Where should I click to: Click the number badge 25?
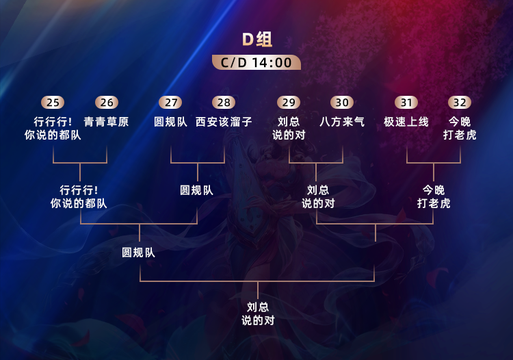coord(53,103)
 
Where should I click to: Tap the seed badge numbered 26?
coord(107,103)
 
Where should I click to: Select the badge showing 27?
coord(170,103)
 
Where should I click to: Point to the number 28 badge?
coord(224,103)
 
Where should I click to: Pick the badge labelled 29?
coord(289,103)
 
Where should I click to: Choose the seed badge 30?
coord(342,103)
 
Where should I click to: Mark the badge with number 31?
coord(406,103)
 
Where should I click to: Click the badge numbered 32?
coord(460,103)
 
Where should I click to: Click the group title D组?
coord(257,39)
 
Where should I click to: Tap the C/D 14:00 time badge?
coord(256,63)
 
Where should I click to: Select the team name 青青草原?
coord(107,122)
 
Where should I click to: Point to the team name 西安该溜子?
coord(224,122)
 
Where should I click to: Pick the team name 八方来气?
coord(342,122)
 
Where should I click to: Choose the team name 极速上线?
coord(406,122)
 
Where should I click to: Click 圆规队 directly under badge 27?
coord(170,122)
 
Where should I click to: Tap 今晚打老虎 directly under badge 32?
coord(460,128)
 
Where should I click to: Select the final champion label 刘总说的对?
coord(258,313)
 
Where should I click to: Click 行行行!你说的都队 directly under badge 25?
coord(53,128)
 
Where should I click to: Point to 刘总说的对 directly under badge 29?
coord(289,128)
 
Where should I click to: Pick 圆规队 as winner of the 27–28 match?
coord(197,190)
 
